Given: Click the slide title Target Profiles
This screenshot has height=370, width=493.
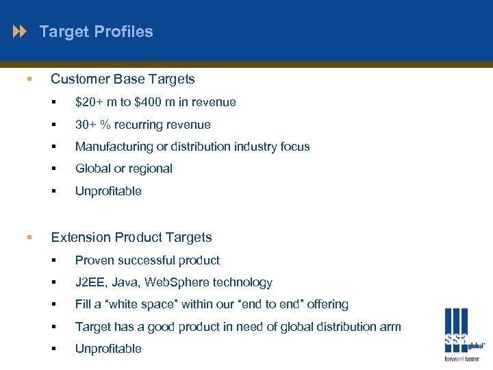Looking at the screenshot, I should click(x=96, y=32).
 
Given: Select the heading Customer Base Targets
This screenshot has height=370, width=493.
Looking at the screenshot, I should click(x=123, y=79).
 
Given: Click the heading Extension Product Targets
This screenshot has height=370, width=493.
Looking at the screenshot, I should click(x=131, y=238).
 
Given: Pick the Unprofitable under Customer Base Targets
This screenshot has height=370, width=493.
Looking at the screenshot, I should click(x=108, y=191).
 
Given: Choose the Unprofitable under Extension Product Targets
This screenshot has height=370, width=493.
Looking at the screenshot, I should click(x=108, y=349).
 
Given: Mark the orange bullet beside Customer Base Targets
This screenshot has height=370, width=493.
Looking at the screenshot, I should click(x=29, y=79).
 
